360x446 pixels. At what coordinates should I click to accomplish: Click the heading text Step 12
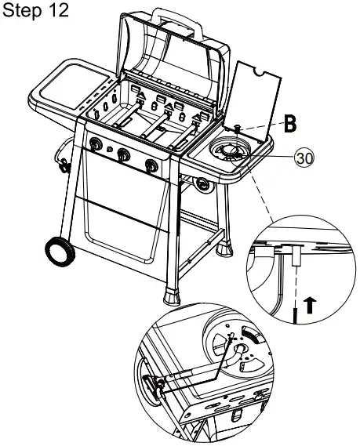35,10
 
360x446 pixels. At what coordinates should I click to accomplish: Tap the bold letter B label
290,124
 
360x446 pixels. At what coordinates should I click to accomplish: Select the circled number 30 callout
304,158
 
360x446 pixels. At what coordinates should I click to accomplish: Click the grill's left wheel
60,252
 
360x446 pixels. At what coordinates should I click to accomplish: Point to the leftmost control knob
96,143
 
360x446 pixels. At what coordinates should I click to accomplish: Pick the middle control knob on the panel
123,154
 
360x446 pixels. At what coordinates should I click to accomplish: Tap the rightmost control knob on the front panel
151,165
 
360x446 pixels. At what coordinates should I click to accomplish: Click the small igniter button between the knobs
110,149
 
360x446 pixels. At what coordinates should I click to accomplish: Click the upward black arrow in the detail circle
310,305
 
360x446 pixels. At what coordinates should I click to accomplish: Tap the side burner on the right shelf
230,150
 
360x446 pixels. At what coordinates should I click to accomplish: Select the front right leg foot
171,296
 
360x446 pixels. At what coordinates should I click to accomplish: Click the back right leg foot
224,248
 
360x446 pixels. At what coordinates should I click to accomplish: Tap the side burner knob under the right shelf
205,185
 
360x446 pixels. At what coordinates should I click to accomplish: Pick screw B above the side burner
236,129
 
